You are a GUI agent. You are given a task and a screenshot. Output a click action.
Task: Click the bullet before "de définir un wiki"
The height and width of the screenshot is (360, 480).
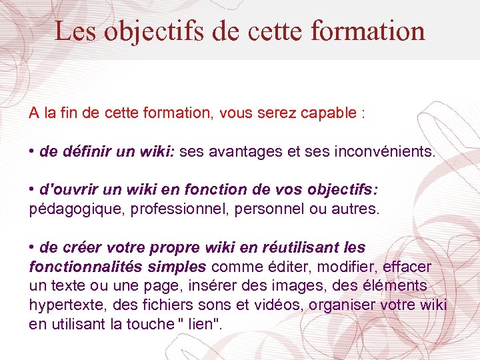32,151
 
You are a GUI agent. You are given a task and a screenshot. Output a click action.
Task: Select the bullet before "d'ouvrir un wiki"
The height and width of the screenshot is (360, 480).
32,190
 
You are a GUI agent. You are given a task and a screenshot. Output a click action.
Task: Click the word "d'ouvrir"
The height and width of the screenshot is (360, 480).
65,191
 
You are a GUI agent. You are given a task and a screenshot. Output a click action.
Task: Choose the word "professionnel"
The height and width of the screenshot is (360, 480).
170,209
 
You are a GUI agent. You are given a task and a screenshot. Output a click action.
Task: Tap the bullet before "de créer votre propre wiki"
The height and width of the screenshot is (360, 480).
32,247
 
